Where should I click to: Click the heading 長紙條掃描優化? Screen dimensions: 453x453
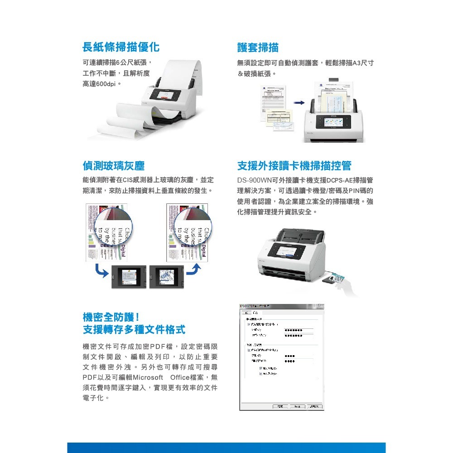point(120,47)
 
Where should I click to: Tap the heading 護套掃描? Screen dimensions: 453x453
point(258,47)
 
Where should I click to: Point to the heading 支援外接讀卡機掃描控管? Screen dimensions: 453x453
point(294,166)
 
